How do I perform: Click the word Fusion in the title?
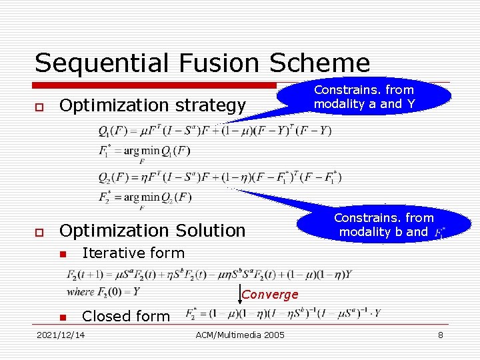(x=206, y=63)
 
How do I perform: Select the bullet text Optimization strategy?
(x=153, y=105)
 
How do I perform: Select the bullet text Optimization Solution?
(x=153, y=231)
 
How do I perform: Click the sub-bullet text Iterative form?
(x=133, y=253)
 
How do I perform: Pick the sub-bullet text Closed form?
(x=126, y=316)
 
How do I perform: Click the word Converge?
(x=270, y=295)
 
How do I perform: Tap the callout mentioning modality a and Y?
(x=363, y=97)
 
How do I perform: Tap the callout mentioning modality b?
(x=383, y=225)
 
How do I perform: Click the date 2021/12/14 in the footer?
(x=61, y=335)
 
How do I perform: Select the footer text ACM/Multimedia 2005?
(x=240, y=335)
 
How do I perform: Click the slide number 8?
(x=440, y=335)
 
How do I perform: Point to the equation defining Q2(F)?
(x=220, y=177)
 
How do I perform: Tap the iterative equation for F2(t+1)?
(x=209, y=273)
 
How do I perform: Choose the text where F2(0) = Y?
(x=103, y=291)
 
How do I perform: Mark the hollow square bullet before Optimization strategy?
(x=39, y=106)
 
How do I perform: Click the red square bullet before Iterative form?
(x=62, y=254)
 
